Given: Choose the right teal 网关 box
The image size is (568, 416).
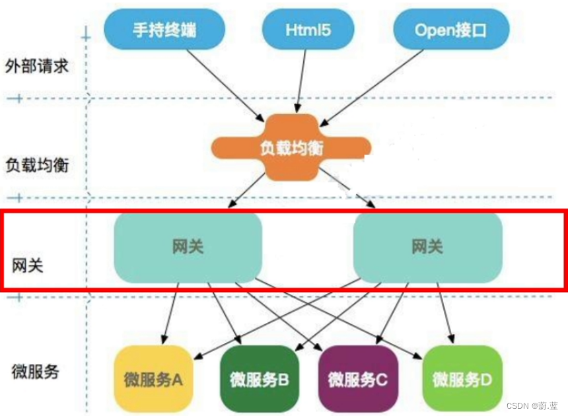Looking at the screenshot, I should click(427, 247).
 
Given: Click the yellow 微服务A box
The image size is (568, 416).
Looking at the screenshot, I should click(153, 379).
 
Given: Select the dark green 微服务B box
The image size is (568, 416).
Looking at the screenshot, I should click(260, 379).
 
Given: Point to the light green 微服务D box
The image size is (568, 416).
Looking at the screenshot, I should click(462, 379).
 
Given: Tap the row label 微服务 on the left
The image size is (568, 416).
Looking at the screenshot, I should click(35, 371).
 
